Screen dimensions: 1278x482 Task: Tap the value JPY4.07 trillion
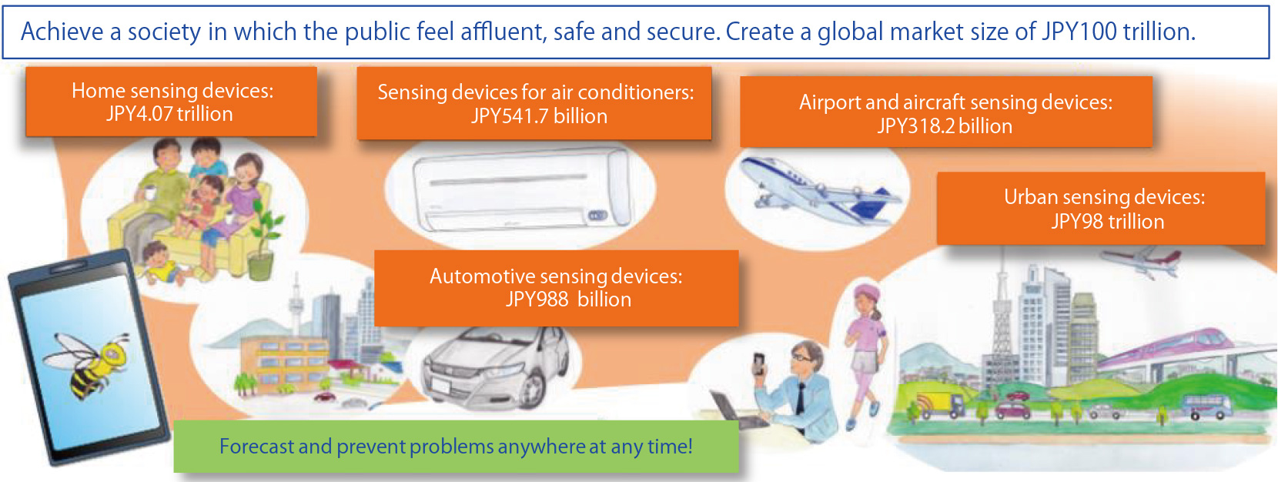tap(169, 114)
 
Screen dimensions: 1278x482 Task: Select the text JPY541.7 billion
tap(539, 116)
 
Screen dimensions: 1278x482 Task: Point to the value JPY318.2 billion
tap(945, 126)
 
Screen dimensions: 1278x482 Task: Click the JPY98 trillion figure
tap(1107, 221)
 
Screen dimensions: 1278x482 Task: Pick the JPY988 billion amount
tap(568, 300)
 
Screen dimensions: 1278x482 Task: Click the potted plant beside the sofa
tap(263, 239)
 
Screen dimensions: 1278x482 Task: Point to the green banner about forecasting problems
tap(456, 447)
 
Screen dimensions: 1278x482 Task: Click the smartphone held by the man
tap(759, 364)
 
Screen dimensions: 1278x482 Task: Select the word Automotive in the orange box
tap(482, 276)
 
